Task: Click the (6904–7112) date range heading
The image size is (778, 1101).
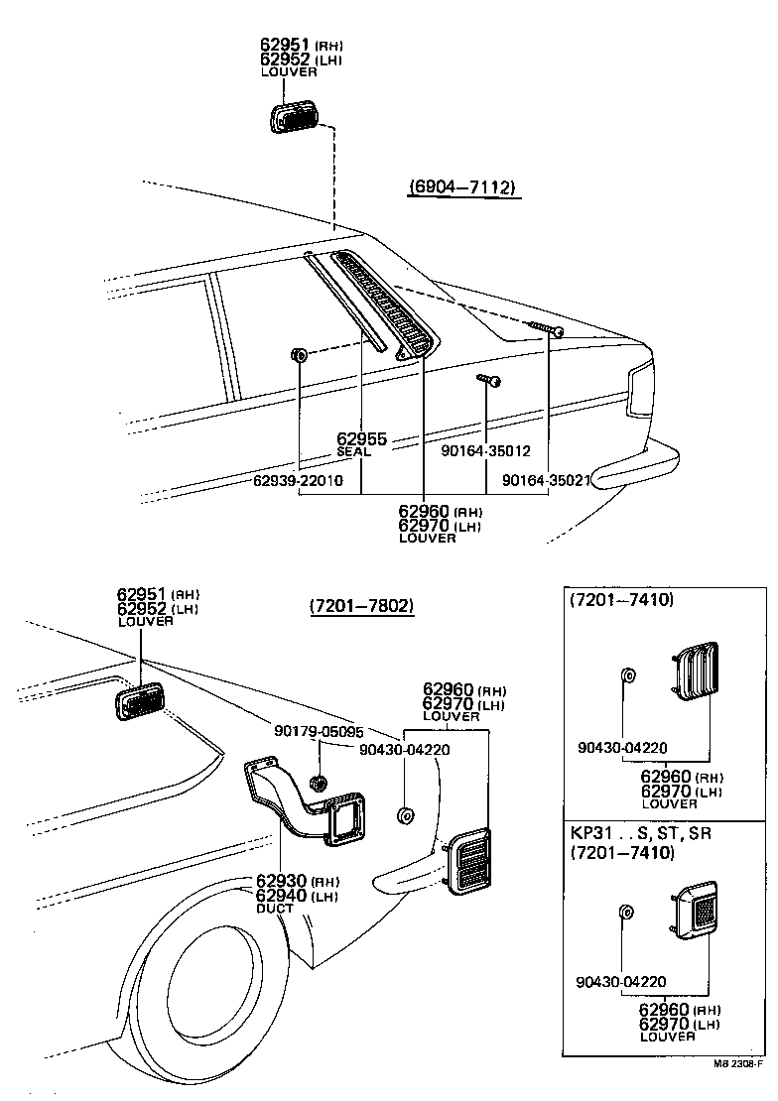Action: [462, 187]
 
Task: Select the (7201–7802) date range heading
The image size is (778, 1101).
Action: [360, 605]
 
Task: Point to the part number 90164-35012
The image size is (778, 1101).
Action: [485, 449]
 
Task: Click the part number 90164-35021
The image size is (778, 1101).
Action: [547, 480]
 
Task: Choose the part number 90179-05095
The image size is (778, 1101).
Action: [319, 731]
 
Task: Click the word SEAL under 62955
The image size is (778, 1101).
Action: [353, 452]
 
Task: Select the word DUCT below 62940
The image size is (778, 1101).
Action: [275, 908]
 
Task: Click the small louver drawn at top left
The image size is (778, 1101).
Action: [293, 117]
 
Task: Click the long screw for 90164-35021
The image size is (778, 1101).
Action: [547, 328]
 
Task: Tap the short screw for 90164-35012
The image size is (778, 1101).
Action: [488, 379]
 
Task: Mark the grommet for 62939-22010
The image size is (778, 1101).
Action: [298, 354]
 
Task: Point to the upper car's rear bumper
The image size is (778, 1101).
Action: [635, 467]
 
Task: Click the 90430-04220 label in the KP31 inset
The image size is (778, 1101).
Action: [620, 982]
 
